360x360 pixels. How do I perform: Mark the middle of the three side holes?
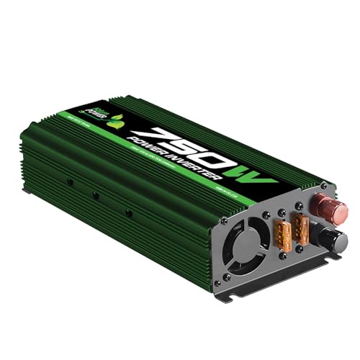[x=95, y=194]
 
